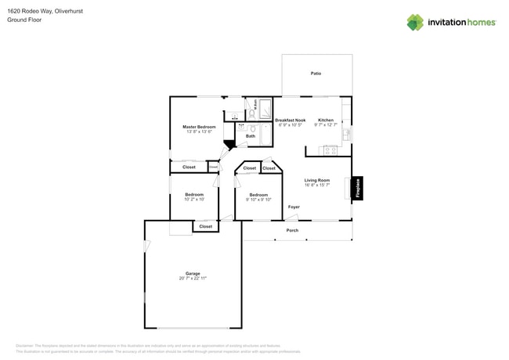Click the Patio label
pos(316,74)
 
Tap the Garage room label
pos(193,273)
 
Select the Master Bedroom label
pos(199,127)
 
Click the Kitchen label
pos(325,121)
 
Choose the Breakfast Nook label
pos(290,121)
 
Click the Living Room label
pos(317,181)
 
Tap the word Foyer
pos(294,207)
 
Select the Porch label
pos(292,231)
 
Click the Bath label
pos(251,136)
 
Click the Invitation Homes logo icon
pos(414,22)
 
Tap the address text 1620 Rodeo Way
pos(28,11)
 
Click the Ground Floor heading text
pos(24,20)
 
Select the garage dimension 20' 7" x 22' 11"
pos(193,279)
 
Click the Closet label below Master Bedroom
pos(190,167)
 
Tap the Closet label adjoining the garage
pos(205,226)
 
